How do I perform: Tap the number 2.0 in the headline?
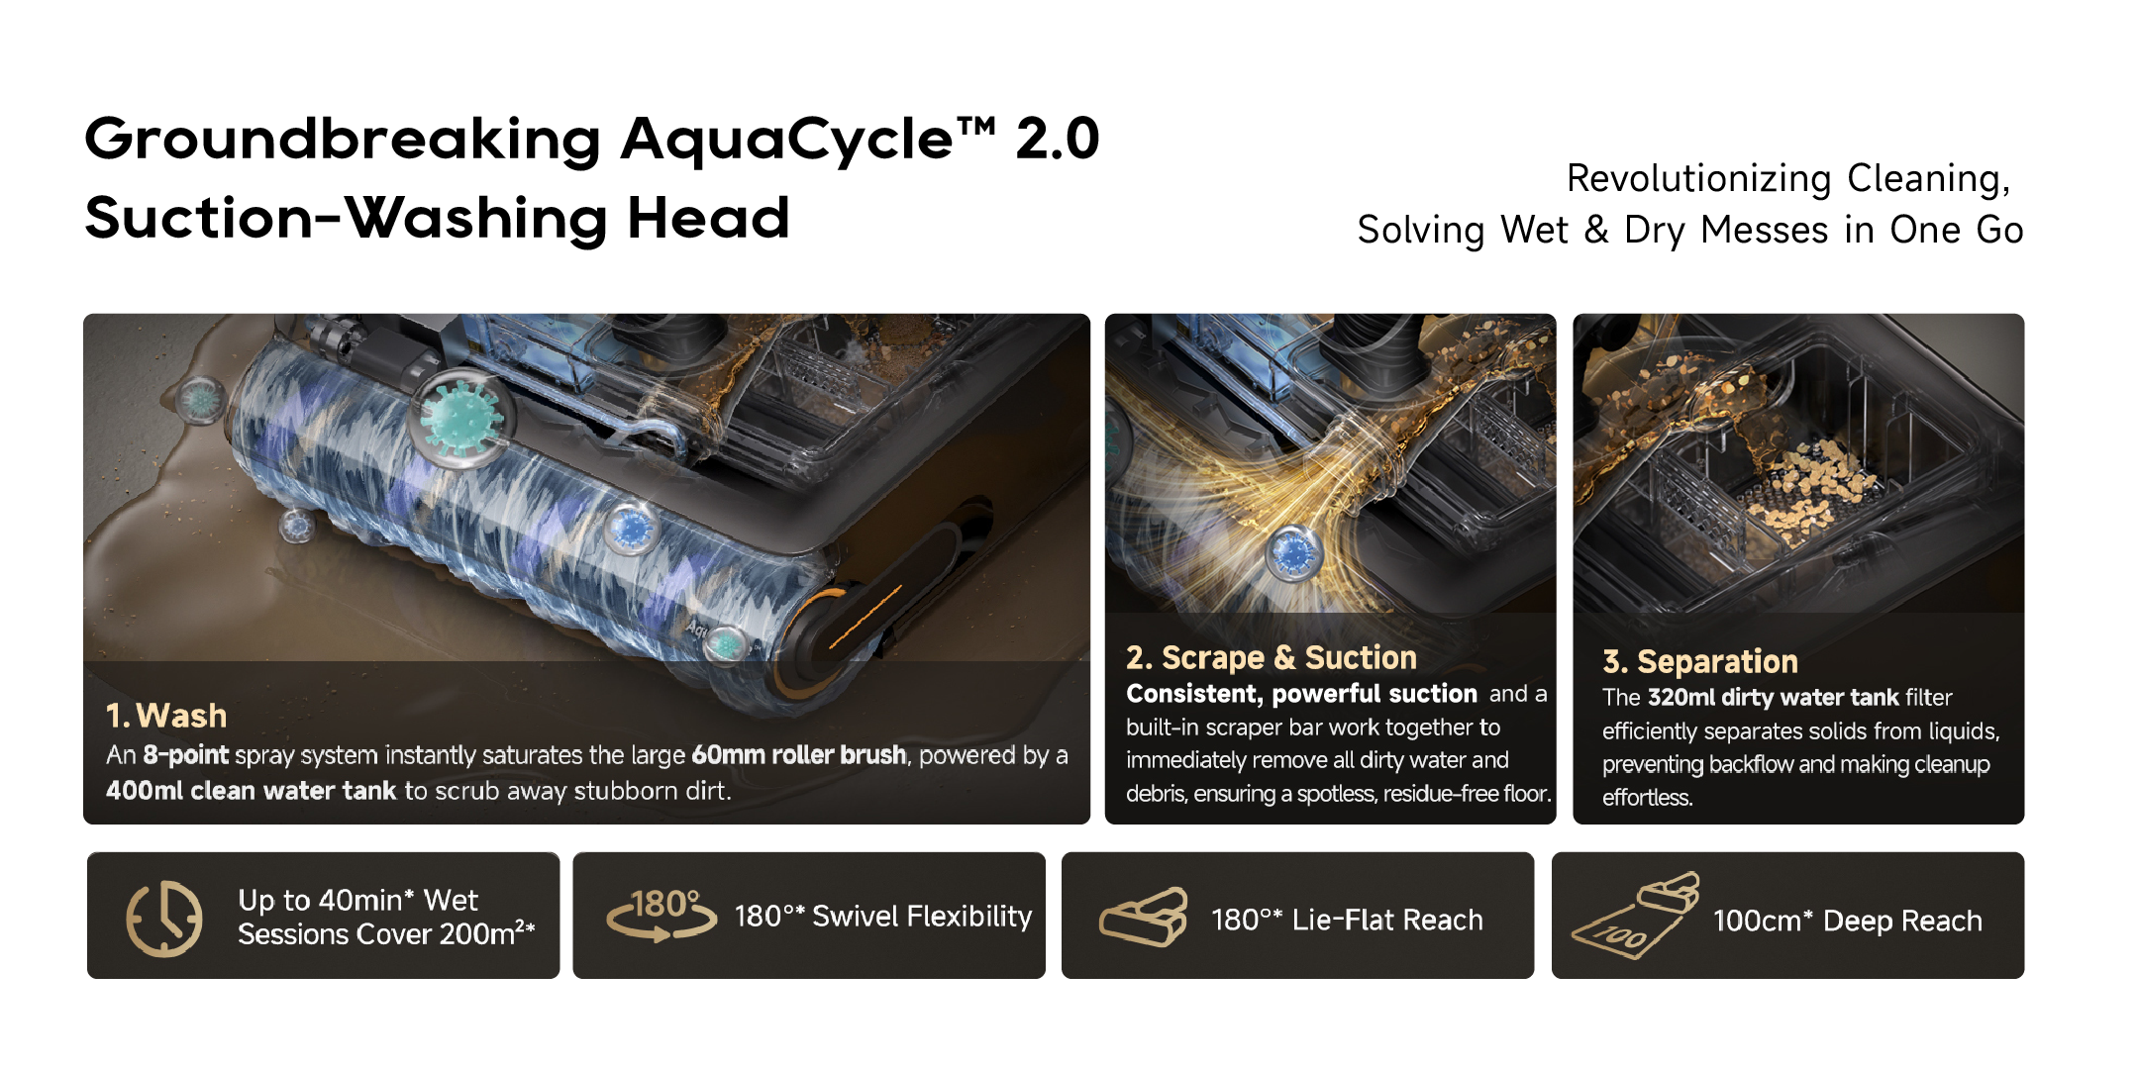(1058, 138)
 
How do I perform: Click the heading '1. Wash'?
(166, 715)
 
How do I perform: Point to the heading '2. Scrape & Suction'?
(1272, 657)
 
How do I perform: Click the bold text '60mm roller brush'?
(798, 755)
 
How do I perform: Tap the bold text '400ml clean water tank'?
(251, 791)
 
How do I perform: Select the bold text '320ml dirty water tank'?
(1773, 697)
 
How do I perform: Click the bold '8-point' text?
(185, 755)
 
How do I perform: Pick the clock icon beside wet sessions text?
(164, 918)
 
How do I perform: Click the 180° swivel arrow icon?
(662, 915)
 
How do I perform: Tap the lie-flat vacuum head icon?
(1144, 917)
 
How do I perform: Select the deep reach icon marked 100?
(1635, 915)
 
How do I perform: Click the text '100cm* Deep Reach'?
(1848, 921)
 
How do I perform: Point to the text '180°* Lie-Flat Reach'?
(1347, 920)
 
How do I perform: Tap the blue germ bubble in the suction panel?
(1293, 554)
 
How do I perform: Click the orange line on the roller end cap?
(865, 618)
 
